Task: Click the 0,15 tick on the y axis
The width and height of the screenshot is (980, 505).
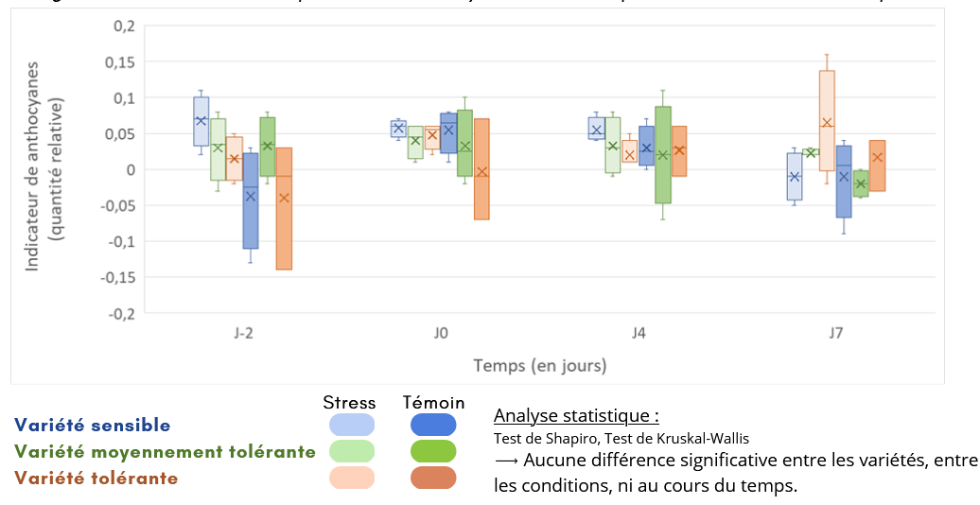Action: [120, 62]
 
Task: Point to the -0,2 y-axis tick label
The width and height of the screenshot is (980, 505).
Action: [118, 313]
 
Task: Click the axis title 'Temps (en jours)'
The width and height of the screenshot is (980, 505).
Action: [540, 365]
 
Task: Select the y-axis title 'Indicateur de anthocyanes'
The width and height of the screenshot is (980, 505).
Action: [33, 170]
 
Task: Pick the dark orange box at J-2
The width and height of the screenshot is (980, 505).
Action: [284, 208]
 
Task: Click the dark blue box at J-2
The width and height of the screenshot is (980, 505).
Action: [251, 200]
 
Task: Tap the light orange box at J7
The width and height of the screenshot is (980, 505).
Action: [827, 120]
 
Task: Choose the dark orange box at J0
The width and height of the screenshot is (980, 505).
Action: [481, 168]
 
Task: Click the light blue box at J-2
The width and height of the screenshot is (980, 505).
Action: [201, 121]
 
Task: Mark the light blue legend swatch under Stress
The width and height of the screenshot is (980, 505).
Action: [352, 425]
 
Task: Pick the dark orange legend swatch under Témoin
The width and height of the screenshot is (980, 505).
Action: [433, 479]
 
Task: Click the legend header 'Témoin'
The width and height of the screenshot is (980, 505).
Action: [433, 403]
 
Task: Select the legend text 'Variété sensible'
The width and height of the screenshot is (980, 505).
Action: [93, 426]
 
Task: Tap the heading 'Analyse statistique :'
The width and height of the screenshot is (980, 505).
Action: [576, 416]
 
